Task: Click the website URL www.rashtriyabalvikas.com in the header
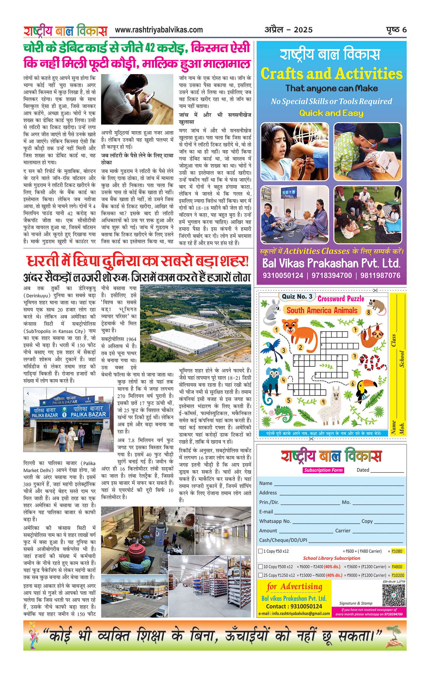[x=159, y=30]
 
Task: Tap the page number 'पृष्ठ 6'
[x=396, y=30]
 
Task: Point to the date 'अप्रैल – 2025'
[x=289, y=30]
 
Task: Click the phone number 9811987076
[x=380, y=276]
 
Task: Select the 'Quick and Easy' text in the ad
[x=331, y=113]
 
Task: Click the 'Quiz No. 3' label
[x=297, y=297]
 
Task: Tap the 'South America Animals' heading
[x=322, y=310]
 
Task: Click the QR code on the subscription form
[x=394, y=595]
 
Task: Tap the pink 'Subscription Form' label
[x=323, y=470]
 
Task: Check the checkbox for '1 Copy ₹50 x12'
[x=260, y=551]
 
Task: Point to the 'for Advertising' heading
[x=295, y=586]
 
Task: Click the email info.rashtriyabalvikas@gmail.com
[x=294, y=613]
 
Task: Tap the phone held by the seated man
[x=151, y=95]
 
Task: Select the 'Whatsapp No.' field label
[x=275, y=521]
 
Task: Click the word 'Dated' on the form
[x=363, y=470]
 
